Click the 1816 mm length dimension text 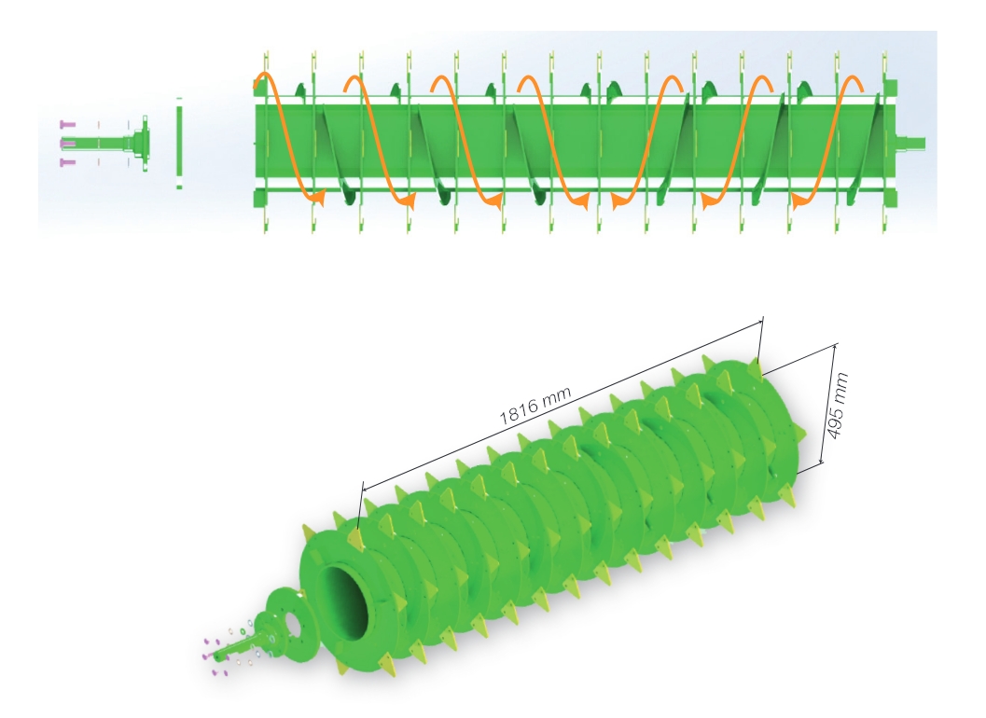click(x=535, y=401)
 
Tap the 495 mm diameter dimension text click(x=839, y=403)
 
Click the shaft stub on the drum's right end click(x=911, y=143)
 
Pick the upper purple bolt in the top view click(x=66, y=124)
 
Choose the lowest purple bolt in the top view click(x=66, y=162)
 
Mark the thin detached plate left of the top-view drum click(x=179, y=143)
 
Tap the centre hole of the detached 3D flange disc click(x=287, y=619)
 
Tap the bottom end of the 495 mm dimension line click(x=821, y=463)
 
